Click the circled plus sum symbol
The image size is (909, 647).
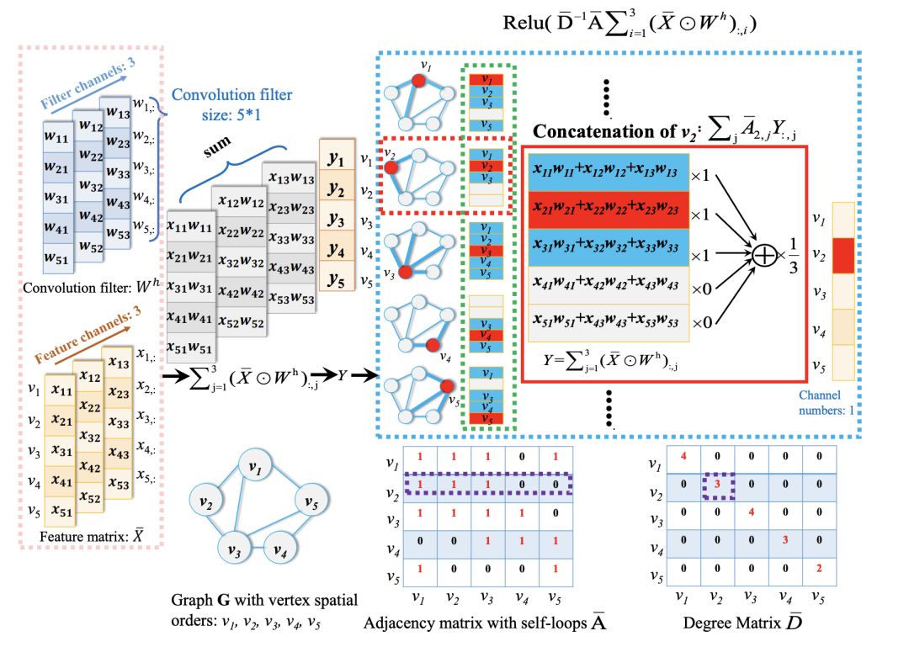[x=764, y=256]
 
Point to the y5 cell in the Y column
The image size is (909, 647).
[x=338, y=280]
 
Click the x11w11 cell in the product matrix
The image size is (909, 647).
[x=189, y=225]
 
